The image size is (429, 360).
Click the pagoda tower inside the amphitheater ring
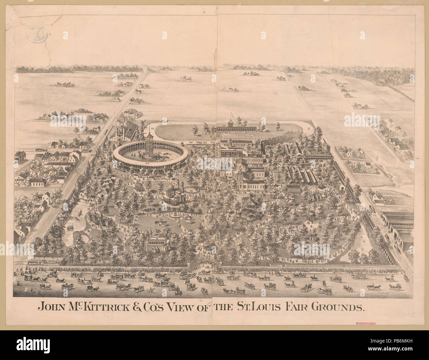coord(149,144)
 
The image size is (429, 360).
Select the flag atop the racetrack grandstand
coord(231,115)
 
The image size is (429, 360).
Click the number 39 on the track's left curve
coord(153,128)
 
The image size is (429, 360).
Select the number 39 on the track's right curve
coord(308,128)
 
